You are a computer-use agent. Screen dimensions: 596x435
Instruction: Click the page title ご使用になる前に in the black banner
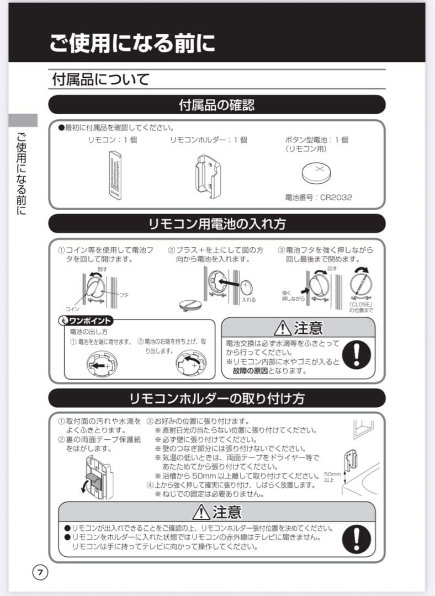point(132,43)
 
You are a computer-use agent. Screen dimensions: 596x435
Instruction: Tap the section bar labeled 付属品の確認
point(216,104)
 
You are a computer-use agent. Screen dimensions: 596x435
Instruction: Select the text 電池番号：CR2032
point(318,197)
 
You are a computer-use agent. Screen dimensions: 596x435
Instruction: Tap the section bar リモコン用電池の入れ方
point(216,223)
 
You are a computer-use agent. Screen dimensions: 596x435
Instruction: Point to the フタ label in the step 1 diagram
point(125,295)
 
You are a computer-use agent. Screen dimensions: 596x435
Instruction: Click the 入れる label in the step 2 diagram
point(248,300)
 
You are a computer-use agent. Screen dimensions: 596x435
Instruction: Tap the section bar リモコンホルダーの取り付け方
point(216,398)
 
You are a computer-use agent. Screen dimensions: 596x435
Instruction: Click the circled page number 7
point(40,572)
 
